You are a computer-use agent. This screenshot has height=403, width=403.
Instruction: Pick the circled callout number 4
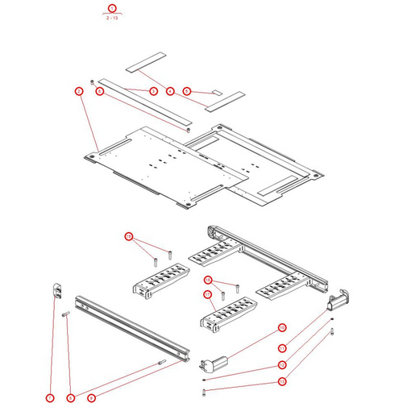[x=170, y=91]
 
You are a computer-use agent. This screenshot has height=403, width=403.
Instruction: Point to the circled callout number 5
[x=186, y=91]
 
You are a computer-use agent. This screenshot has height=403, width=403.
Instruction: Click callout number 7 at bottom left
[x=50, y=397]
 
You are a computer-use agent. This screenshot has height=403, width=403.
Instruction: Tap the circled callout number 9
[x=91, y=397]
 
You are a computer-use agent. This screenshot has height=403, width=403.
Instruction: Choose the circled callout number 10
[x=282, y=327]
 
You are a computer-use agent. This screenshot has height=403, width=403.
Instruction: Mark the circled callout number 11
[x=282, y=347]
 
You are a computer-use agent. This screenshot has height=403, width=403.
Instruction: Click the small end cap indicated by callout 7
[x=58, y=289]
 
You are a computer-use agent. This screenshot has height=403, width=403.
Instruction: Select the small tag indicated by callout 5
[x=214, y=93]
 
